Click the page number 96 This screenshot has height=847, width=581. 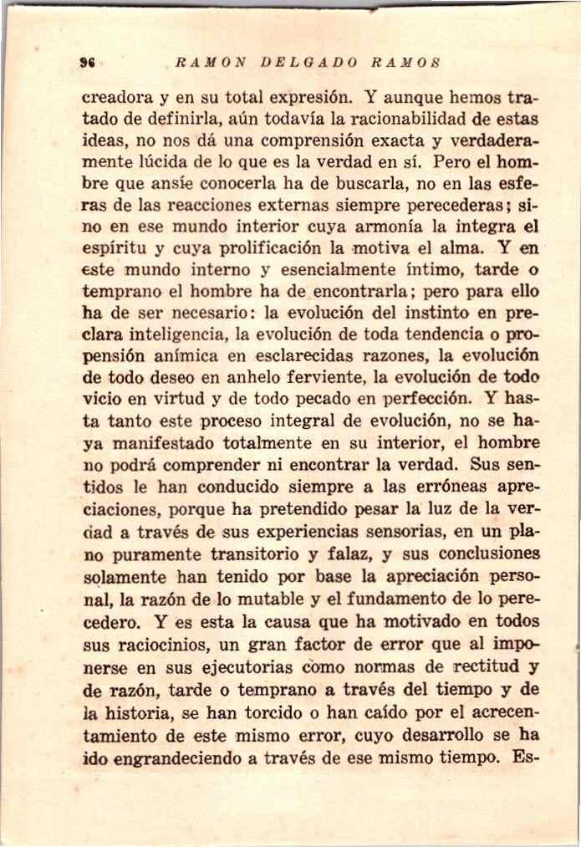(85, 63)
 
